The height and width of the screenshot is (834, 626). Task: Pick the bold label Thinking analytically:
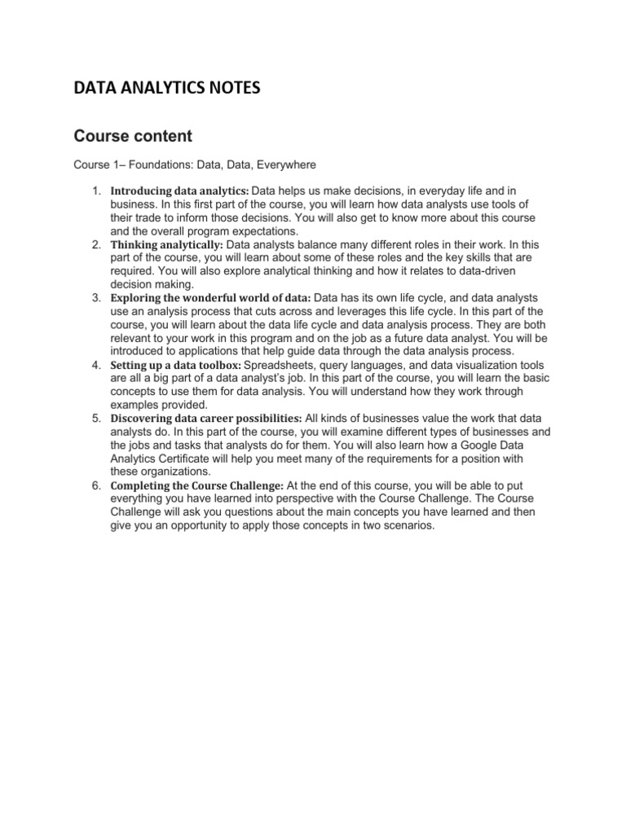166,244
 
